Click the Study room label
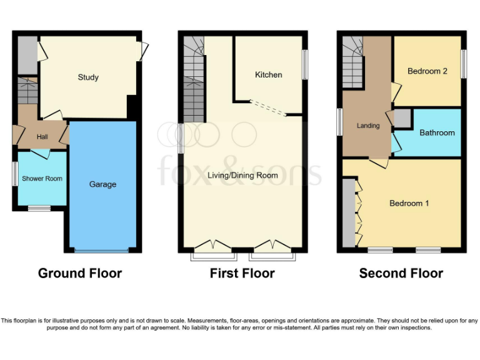[88, 77]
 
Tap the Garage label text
[102, 184]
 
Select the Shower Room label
[42, 179]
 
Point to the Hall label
[42, 137]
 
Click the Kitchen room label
[268, 75]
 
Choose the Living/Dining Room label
[242, 176]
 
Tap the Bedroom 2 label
[427, 71]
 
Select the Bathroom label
[437, 132]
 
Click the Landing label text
[368, 126]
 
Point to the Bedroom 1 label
[409, 203]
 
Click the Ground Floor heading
[80, 273]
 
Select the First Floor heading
[242, 273]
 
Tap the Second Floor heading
[401, 273]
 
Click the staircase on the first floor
[194, 81]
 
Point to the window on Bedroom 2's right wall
[463, 64]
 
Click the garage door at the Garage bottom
[102, 250]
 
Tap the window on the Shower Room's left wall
[14, 173]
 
